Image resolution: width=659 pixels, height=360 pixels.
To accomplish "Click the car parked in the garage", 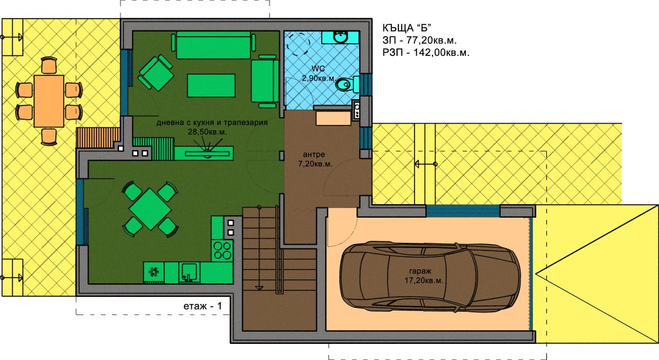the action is [x=429, y=276].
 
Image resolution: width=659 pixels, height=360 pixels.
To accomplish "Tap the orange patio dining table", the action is [x=49, y=101].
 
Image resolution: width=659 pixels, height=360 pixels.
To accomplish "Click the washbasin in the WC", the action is [x=340, y=37].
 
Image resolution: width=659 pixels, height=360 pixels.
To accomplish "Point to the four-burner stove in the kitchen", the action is [x=222, y=250].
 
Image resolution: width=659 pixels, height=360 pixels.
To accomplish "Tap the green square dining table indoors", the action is [x=150, y=209].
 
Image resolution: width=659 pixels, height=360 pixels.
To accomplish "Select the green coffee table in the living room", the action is [x=211, y=86].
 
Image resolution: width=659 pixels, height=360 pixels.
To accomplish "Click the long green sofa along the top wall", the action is [x=214, y=46].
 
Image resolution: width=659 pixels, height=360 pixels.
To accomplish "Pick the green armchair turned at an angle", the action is [x=156, y=73].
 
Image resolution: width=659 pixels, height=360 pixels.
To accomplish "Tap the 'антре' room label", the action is [x=314, y=155].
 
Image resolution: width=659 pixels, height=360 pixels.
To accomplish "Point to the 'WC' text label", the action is [x=318, y=68].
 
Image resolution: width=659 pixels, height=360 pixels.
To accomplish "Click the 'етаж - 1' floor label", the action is [x=203, y=306].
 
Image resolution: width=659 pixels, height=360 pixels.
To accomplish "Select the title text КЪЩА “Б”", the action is [x=407, y=28].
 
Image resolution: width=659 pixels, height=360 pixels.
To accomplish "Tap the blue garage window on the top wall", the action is [x=463, y=211].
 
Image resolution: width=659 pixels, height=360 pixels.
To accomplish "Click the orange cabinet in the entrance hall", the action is [x=333, y=118].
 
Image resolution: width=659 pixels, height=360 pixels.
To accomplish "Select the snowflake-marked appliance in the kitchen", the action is [x=154, y=272].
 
